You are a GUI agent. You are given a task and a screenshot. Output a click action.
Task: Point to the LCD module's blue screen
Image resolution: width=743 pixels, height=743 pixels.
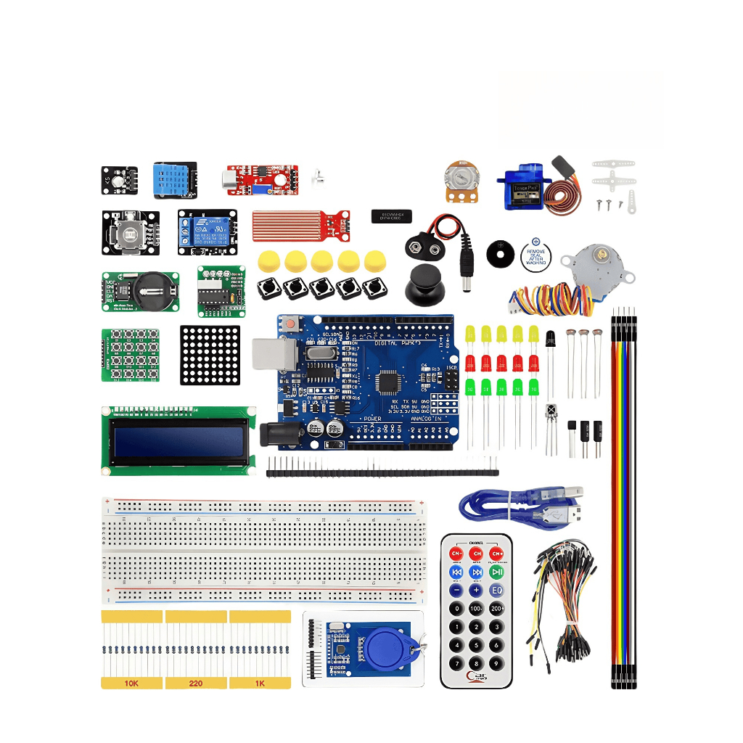(x=178, y=441)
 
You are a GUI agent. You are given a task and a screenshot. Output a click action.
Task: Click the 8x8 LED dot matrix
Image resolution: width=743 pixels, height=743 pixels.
(x=210, y=354)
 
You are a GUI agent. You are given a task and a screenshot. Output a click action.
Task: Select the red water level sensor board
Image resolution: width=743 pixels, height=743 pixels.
(x=297, y=225)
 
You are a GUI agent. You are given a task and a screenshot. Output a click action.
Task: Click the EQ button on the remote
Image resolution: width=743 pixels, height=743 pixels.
(x=496, y=591)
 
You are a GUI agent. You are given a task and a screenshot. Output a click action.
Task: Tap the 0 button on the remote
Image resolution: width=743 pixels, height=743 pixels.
(x=456, y=609)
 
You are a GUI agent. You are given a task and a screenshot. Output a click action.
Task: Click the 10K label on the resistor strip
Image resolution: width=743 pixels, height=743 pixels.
(x=131, y=683)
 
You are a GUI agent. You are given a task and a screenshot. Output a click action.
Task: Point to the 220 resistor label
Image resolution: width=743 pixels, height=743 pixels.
(x=195, y=683)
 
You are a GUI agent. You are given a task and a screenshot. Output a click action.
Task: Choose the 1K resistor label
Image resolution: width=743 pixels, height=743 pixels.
(x=259, y=683)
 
